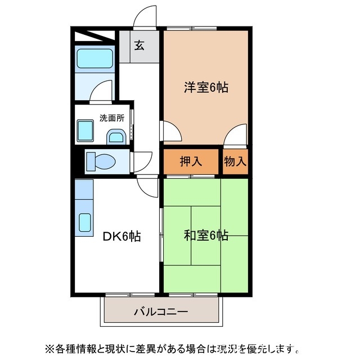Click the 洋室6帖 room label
coord(206,88)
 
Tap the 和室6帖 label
coord(206,235)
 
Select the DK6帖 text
coord(121,237)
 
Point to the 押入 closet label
coord(191,162)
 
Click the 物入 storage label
coord(235,162)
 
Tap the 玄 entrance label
coord(139,46)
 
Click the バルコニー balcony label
coord(161,311)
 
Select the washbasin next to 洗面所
coord(117,137)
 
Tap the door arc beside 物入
coord(235,135)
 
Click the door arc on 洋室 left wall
coord(172,132)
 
